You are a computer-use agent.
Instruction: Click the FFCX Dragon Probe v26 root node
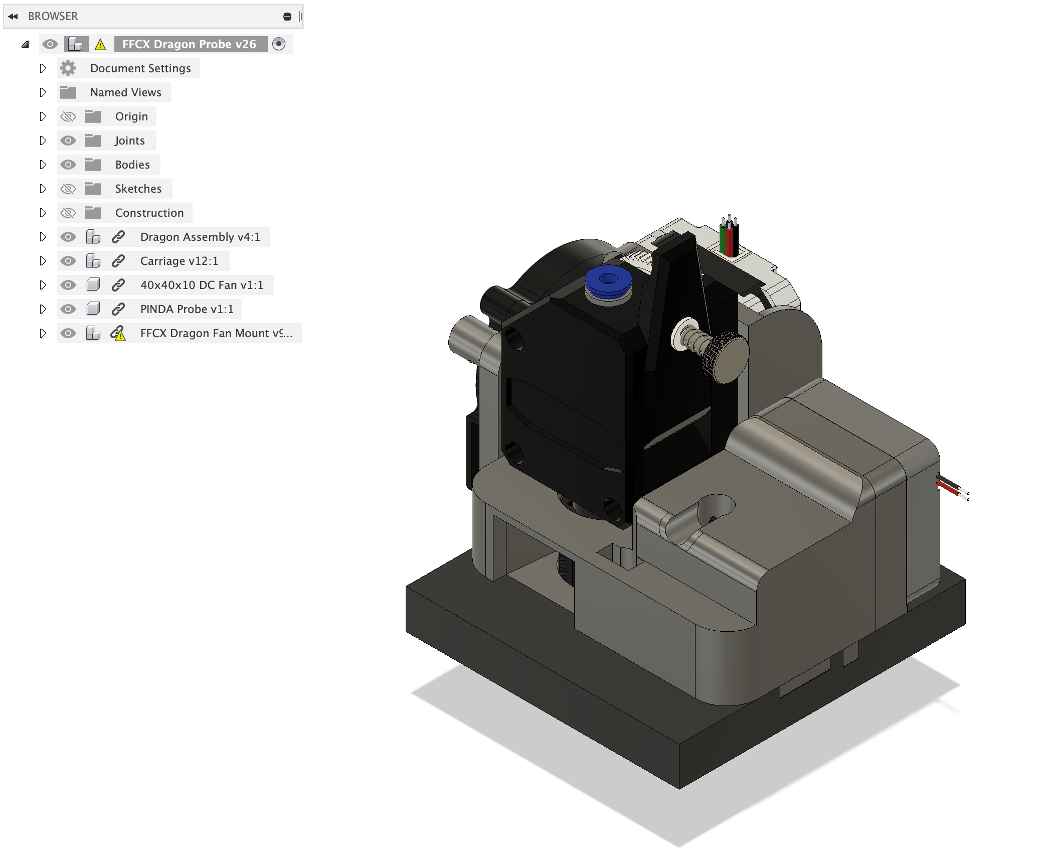189,44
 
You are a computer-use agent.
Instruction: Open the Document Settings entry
140,68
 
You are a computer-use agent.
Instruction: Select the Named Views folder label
125,92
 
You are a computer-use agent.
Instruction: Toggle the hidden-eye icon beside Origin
68,116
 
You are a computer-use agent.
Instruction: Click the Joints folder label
129,140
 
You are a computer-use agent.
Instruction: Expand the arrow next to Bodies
43,165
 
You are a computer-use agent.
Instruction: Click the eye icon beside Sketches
68,189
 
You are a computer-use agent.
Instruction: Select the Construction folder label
149,213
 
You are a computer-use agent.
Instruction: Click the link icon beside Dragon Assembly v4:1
118,237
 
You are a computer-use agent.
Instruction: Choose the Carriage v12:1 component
179,261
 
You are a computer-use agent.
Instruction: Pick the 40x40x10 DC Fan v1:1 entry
202,285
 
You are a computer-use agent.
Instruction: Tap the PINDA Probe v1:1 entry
187,309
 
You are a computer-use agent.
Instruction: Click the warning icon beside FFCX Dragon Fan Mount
118,334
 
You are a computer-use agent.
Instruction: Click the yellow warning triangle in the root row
100,45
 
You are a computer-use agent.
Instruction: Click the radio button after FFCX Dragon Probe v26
279,44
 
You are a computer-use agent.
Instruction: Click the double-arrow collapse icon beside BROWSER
13,17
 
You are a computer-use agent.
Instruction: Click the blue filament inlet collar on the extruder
608,281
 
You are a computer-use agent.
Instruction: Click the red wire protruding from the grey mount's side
949,488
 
